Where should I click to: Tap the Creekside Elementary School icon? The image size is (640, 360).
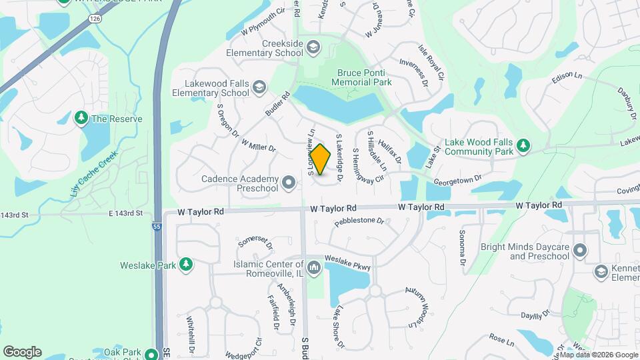point(313,47)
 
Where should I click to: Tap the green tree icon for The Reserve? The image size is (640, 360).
point(81,118)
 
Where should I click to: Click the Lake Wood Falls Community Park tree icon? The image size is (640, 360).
point(524,145)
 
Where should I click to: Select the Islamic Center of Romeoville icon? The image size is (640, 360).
point(313,267)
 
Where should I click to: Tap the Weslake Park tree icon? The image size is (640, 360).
point(187,265)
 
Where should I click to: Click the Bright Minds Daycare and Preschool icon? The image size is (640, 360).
point(580,251)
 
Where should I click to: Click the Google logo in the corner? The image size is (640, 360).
point(22,351)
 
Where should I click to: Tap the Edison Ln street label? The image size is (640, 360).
point(567,79)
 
